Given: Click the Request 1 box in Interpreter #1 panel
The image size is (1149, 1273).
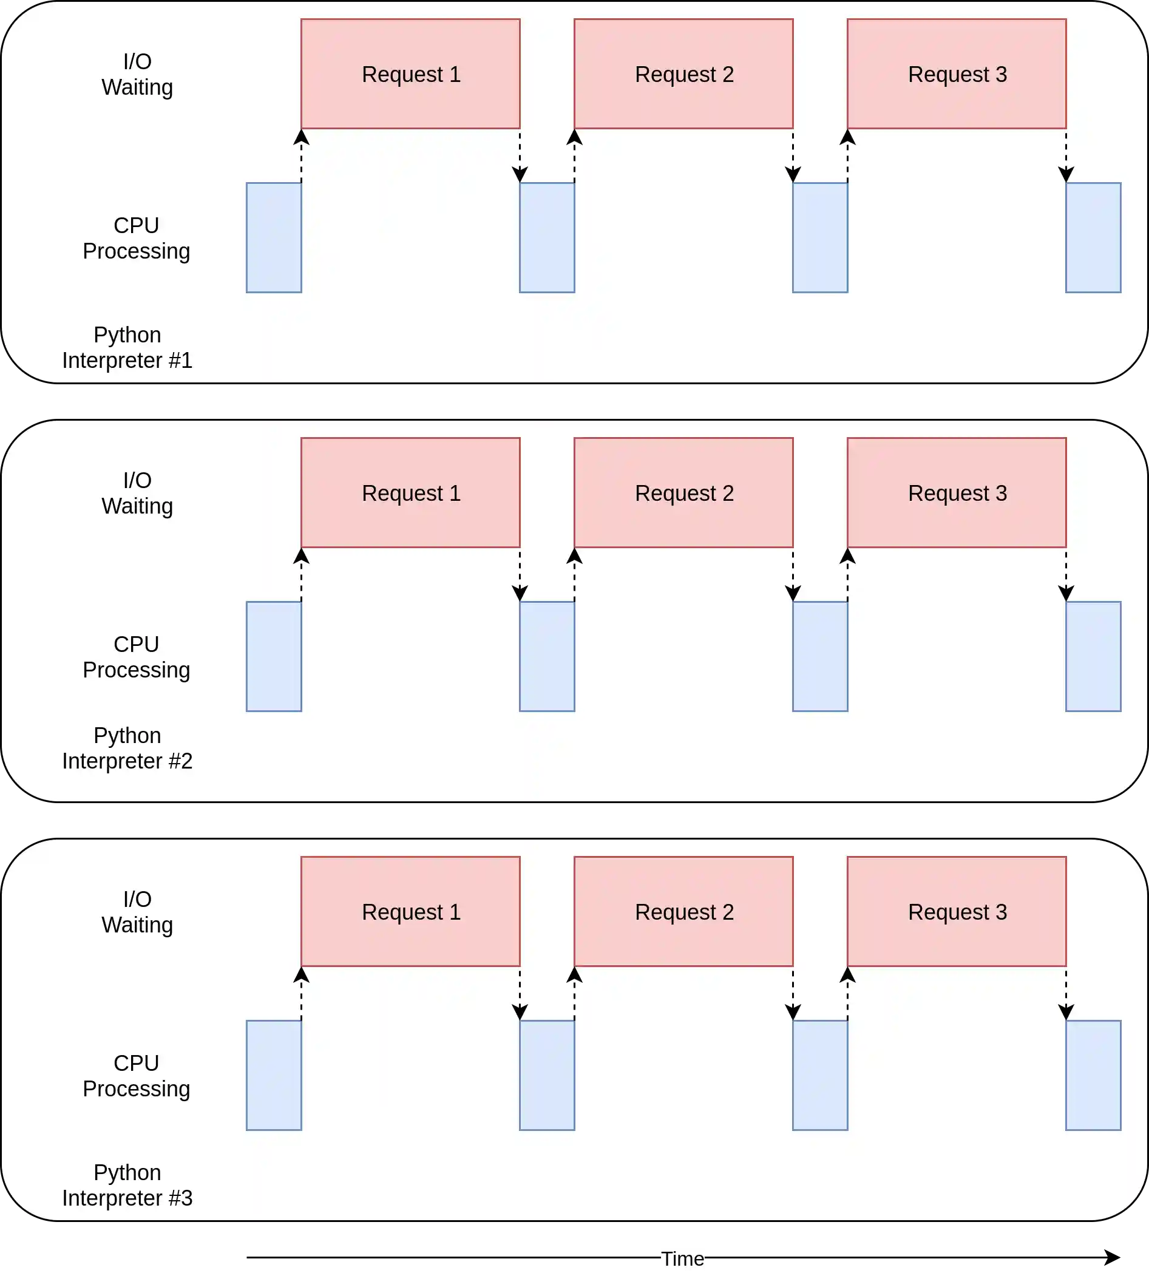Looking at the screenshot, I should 410,74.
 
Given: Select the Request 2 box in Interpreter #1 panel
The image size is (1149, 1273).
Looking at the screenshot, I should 683,74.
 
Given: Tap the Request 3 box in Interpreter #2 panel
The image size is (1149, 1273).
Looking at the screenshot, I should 957,492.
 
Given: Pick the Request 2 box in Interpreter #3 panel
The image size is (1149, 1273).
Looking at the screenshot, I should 683,911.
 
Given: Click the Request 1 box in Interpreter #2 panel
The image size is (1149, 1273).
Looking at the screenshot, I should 410,492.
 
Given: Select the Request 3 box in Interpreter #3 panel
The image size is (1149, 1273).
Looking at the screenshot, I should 957,911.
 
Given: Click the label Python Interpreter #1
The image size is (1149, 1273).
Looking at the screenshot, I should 127,347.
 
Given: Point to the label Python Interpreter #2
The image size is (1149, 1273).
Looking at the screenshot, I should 127,748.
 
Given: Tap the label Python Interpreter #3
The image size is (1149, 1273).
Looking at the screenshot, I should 127,1184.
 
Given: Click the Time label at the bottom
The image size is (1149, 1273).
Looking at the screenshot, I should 683,1258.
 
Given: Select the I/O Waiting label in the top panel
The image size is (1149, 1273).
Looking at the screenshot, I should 137,74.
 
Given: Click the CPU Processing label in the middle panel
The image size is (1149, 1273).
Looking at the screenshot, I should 136,657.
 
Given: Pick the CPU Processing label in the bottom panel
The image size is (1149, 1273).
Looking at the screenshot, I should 136,1075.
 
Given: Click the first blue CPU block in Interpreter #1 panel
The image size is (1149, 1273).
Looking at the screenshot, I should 273,237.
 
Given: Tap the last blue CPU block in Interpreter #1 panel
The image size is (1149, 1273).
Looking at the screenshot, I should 1093,237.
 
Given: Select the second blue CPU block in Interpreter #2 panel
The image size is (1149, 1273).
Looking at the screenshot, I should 547,656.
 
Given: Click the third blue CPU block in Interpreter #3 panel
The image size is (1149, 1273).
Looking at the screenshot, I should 819,1074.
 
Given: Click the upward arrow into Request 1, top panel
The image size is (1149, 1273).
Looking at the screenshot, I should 301,155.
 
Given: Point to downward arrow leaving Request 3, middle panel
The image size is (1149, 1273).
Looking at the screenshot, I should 1066,575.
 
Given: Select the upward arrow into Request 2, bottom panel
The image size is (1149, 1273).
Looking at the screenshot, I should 574,993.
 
